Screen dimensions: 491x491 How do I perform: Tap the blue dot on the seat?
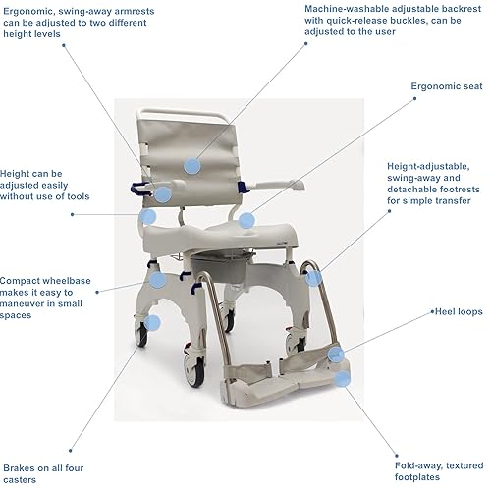click(245, 221)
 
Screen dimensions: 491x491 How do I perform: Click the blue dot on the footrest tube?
click(313, 278)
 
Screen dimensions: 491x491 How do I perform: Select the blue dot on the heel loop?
click(336, 355)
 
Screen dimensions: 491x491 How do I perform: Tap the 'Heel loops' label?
click(458, 311)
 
